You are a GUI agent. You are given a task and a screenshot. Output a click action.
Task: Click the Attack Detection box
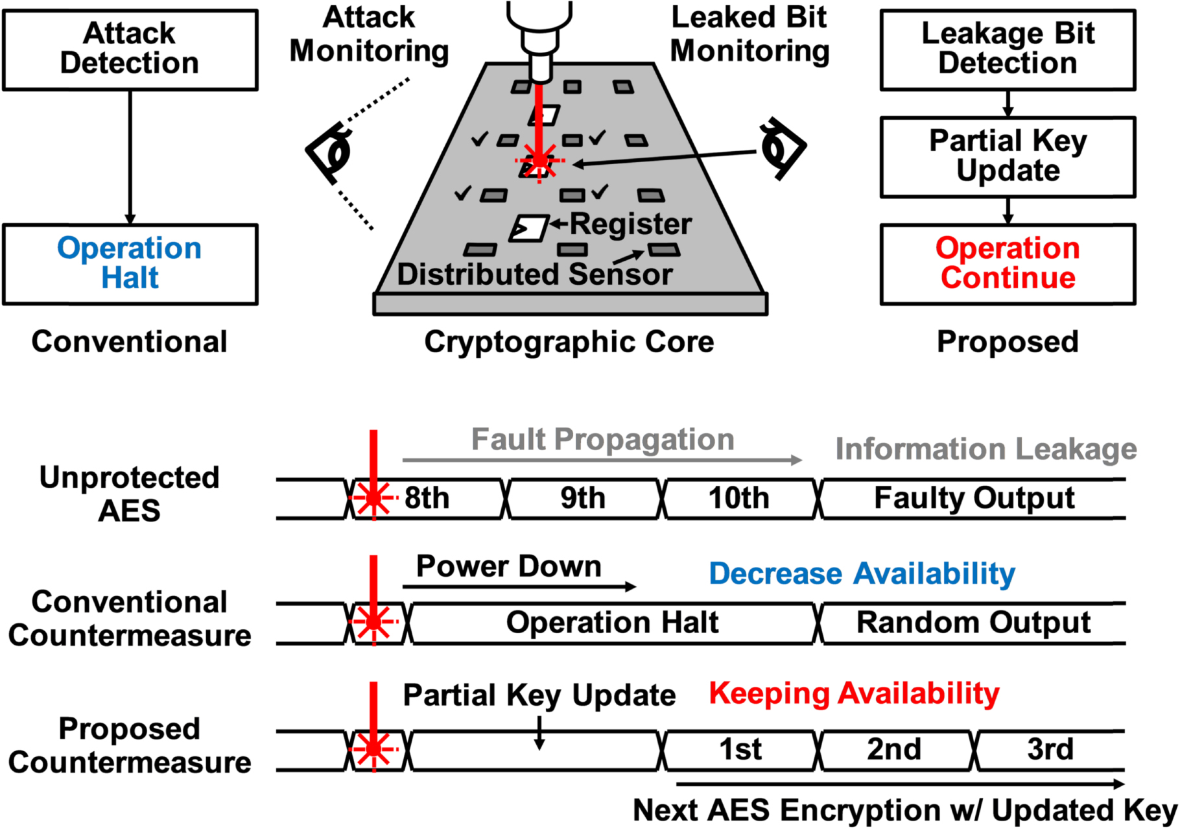coord(130,49)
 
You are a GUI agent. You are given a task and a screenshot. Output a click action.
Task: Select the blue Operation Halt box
coord(130,264)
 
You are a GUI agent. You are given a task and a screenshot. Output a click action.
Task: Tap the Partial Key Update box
coord(1007,157)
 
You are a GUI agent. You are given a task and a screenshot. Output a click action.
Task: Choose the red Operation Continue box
coord(1007,264)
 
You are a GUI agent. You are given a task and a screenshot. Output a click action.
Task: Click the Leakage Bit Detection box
coord(1007,49)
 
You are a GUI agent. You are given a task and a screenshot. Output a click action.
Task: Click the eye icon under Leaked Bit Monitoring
coord(781,148)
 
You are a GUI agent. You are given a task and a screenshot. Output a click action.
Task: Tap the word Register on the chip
coord(630,224)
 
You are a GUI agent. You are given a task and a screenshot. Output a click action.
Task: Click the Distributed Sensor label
coord(534,274)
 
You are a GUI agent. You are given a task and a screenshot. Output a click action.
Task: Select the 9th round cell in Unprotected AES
coord(582,499)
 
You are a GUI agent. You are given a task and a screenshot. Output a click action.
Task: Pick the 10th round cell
coord(738,499)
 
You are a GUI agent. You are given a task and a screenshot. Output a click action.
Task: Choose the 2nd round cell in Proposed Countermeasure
coord(894,750)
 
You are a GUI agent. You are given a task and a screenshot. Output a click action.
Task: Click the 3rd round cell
coord(1050,750)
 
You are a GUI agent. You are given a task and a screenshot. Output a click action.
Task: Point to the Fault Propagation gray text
coord(602,440)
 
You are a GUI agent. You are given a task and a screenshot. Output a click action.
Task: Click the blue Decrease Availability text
coord(862,574)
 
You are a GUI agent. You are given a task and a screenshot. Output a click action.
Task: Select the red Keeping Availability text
coord(854,694)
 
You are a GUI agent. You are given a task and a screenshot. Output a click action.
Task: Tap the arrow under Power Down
coord(519,586)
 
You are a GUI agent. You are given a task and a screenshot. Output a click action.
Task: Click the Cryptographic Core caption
coord(569,342)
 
